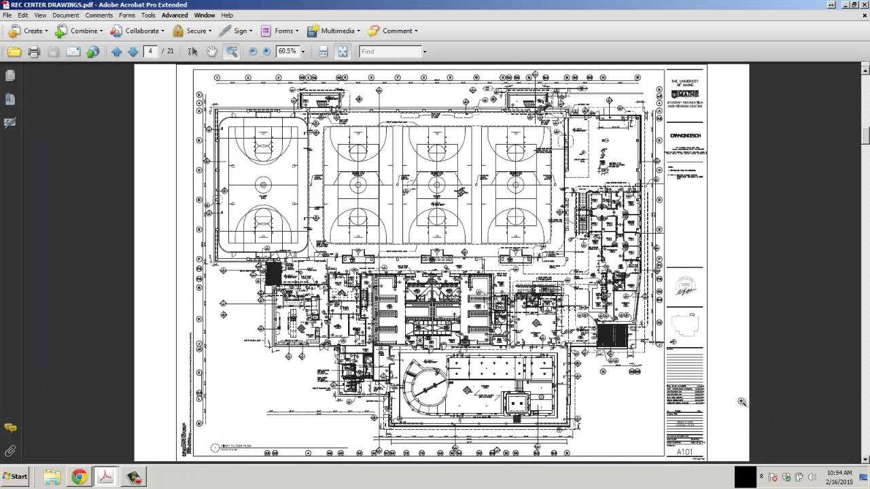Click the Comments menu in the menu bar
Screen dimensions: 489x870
99,15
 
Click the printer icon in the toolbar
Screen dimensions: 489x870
34,52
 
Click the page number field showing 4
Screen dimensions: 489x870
150,52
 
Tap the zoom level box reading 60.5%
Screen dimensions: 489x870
288,52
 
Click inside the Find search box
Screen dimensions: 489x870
389,52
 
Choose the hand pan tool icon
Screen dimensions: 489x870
211,52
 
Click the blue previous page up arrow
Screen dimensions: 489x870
116,52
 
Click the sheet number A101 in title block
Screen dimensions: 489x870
684,452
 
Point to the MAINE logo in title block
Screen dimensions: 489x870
685,94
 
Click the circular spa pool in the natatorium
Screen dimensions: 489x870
426,388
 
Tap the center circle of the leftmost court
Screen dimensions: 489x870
262,184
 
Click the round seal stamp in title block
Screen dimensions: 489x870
685,286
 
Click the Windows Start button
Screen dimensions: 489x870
15,477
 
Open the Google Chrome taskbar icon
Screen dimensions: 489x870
79,477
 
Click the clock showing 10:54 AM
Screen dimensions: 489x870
840,473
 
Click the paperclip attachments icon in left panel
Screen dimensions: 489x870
10,451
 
